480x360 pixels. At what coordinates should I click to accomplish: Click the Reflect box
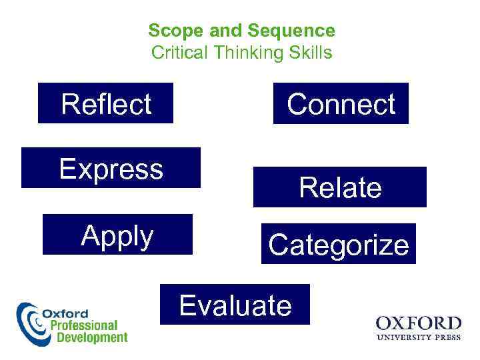point(105,103)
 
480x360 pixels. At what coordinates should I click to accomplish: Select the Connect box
point(341,103)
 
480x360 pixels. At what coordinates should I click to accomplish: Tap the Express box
point(111,168)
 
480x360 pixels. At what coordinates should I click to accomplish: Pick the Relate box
point(339,187)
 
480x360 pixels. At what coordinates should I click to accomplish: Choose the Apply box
point(117,235)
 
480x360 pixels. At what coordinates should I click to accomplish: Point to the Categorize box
point(338,244)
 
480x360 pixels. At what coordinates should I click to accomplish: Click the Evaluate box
point(235,305)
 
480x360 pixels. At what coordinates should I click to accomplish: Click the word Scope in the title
point(169,31)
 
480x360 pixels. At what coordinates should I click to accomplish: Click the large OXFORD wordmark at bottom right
point(418,324)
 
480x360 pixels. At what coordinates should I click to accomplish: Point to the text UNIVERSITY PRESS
point(418,337)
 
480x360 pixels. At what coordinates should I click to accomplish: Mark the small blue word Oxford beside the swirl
point(65,313)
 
